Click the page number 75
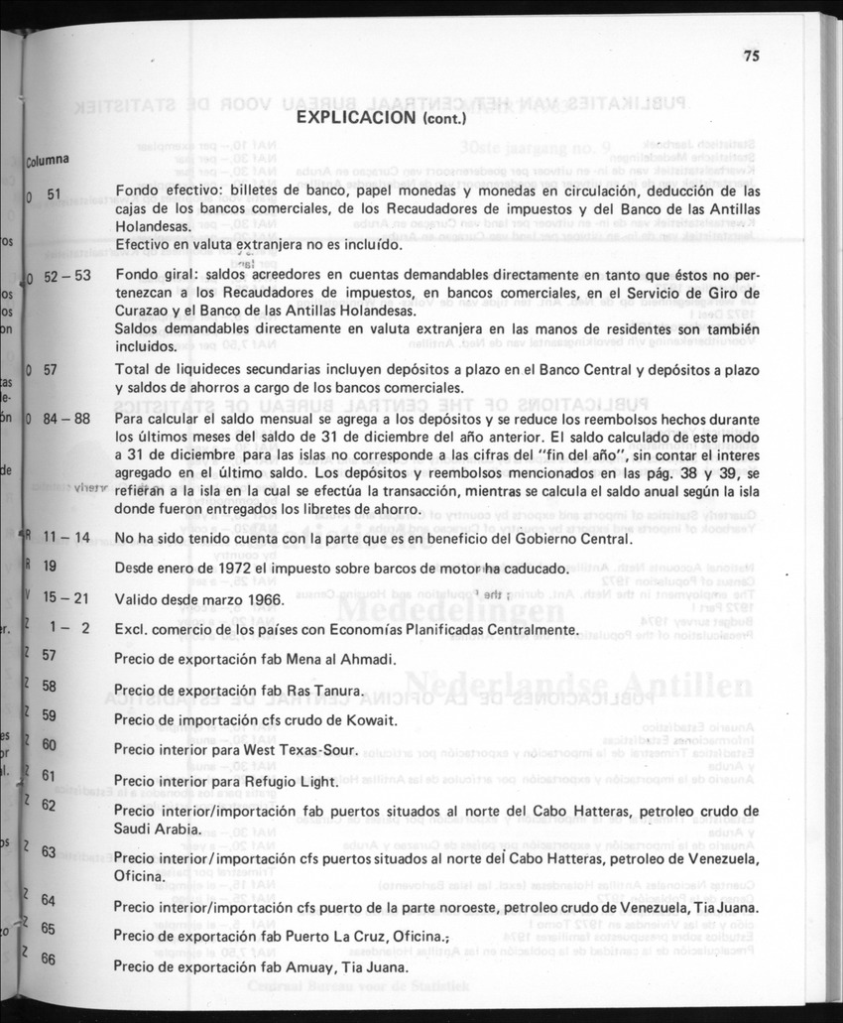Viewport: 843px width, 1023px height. pyautogui.click(x=750, y=57)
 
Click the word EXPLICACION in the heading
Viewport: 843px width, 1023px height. pyautogui.click(x=349, y=117)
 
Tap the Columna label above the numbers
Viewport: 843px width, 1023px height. pyautogui.click(x=47, y=159)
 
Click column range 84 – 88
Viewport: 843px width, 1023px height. pyautogui.click(x=66, y=419)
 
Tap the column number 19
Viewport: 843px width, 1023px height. pyautogui.click(x=50, y=568)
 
